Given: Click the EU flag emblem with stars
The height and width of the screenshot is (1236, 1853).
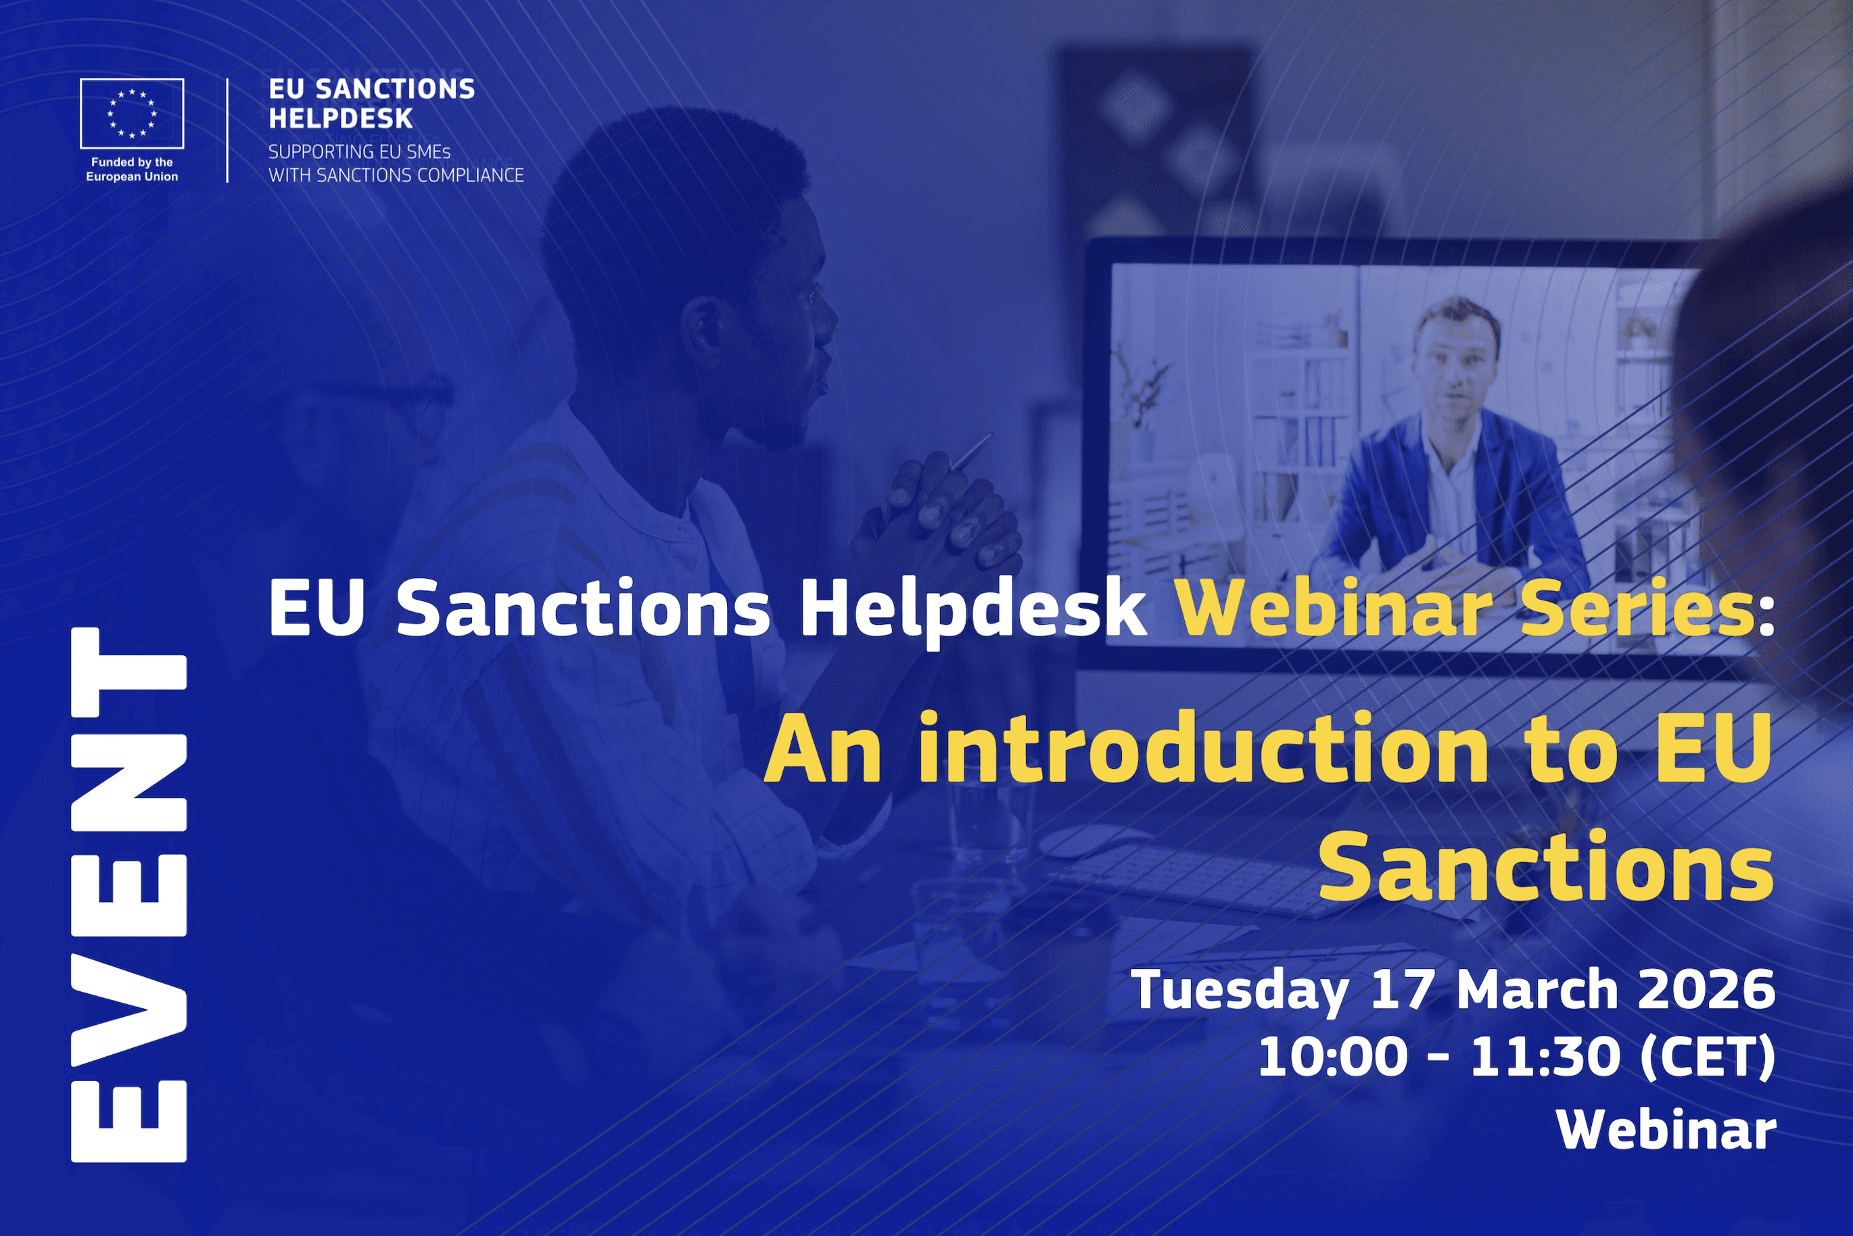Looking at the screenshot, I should coord(132,114).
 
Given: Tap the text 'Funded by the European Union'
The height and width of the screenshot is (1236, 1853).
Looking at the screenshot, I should coord(132,170).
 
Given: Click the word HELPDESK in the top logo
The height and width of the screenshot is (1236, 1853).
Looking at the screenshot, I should coord(340,119).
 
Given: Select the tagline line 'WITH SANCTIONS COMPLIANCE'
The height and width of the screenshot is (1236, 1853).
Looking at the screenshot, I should coord(396,175).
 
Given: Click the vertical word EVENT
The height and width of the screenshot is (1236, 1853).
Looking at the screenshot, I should coord(128,894).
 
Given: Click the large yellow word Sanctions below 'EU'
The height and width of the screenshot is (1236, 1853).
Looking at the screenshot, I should coord(1545,867).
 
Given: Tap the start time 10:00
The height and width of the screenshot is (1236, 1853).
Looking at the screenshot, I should coord(1332,1056).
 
